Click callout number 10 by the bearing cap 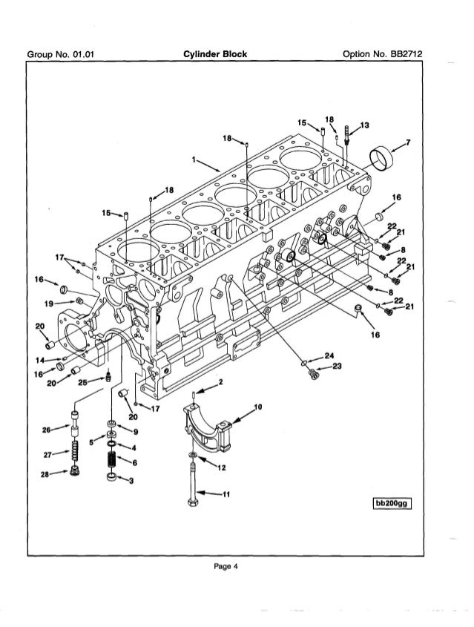[x=257, y=407]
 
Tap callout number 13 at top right [x=364, y=124]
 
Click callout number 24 [x=329, y=355]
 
